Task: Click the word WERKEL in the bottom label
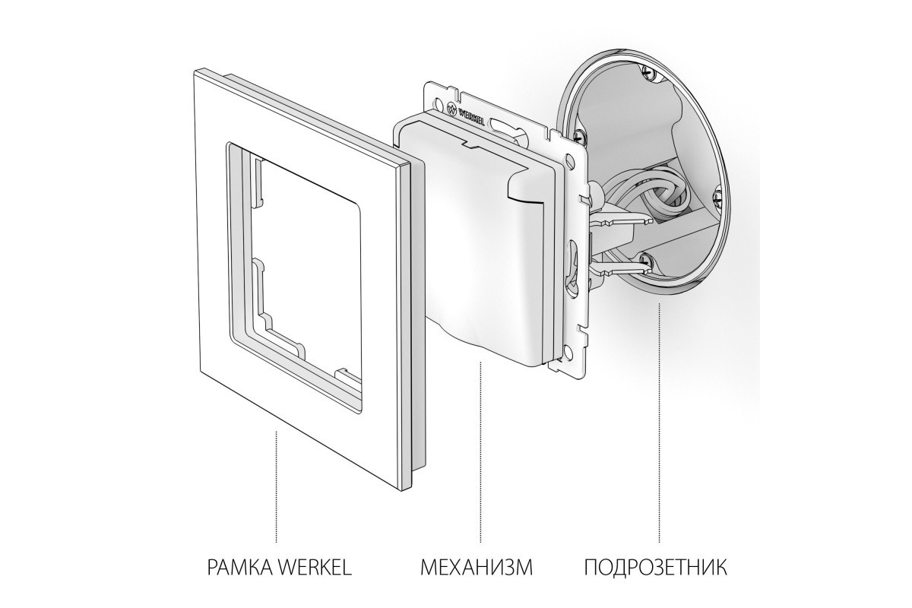(315, 567)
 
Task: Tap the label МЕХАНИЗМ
(477, 567)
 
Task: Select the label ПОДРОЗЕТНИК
(656, 567)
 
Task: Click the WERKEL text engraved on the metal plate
(471, 118)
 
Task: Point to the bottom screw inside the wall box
(646, 259)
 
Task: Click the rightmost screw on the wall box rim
(716, 198)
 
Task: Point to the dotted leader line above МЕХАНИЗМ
(480, 452)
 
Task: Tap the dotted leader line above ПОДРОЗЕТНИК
(659, 423)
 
